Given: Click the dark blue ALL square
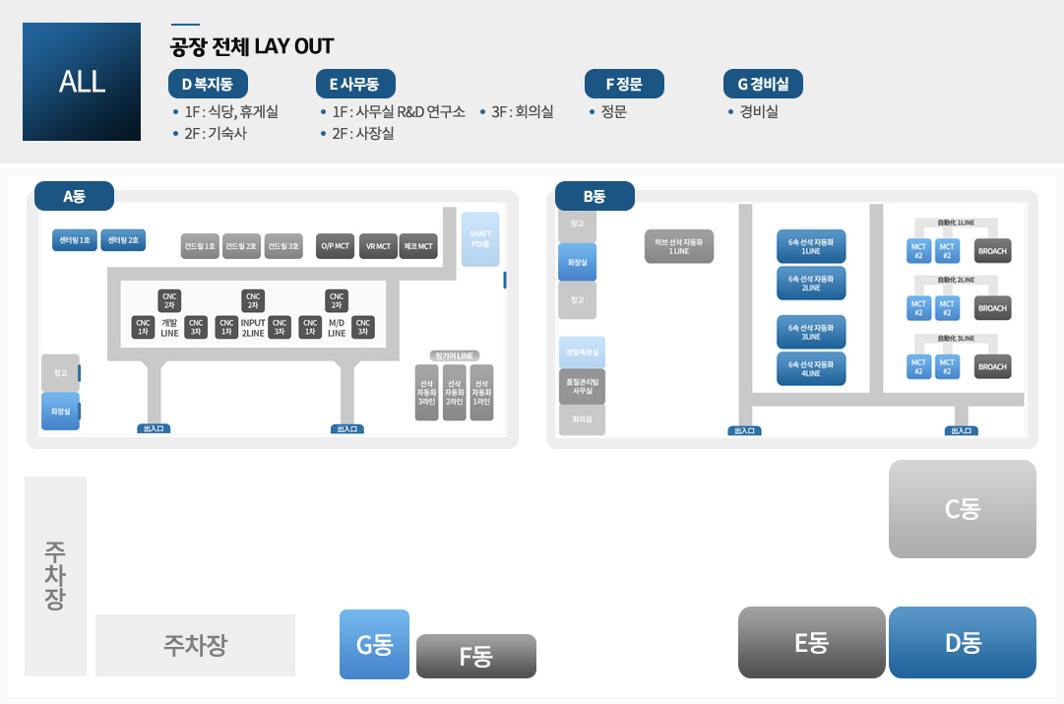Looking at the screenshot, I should click(82, 82).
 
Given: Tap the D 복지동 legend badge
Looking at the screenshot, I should click(208, 84).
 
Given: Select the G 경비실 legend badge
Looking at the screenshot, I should click(763, 84).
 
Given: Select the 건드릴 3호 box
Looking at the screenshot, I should click(283, 246).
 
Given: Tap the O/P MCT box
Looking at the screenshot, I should click(336, 246).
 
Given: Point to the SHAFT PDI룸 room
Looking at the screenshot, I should click(480, 238).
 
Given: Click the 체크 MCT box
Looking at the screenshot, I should click(419, 246).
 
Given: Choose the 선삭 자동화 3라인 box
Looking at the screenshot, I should click(426, 392).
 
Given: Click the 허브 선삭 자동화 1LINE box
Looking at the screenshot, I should click(679, 246).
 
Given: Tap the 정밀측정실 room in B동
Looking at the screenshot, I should click(582, 352).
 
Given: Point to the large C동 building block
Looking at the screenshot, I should click(962, 509).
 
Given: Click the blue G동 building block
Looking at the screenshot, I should click(374, 644).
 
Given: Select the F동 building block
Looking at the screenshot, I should click(475, 656).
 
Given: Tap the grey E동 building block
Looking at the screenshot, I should click(811, 642).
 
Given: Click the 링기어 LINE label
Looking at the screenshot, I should click(454, 355).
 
